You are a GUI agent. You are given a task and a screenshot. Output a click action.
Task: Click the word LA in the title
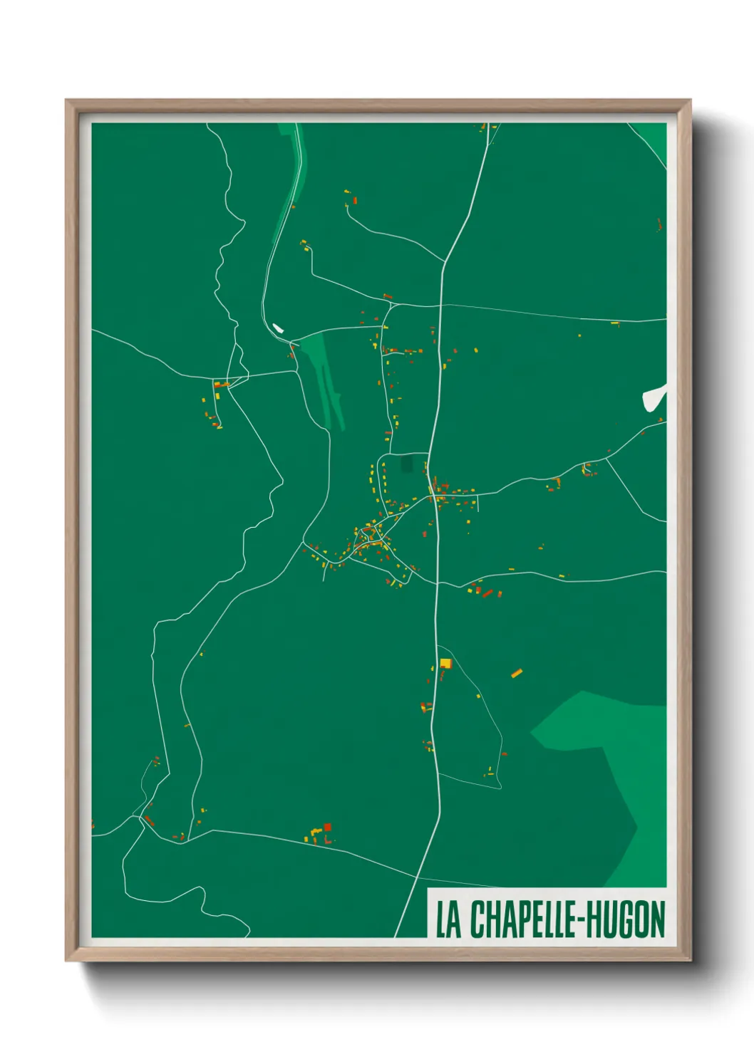(448, 919)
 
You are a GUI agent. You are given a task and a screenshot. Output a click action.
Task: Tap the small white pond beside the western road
(278, 328)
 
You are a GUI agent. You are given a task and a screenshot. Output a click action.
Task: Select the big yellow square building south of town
(445, 663)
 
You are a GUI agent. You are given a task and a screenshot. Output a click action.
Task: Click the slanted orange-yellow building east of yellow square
(517, 672)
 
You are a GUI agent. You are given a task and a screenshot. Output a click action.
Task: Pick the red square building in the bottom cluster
(328, 827)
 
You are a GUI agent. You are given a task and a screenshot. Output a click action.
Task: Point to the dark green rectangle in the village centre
(407, 464)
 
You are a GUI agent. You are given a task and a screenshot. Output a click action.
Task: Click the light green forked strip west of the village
(325, 377)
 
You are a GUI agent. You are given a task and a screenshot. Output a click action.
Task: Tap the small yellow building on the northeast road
(615, 323)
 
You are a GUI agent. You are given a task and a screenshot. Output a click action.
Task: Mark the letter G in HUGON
(630, 919)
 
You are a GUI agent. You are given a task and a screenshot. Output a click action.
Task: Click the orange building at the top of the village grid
(388, 296)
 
